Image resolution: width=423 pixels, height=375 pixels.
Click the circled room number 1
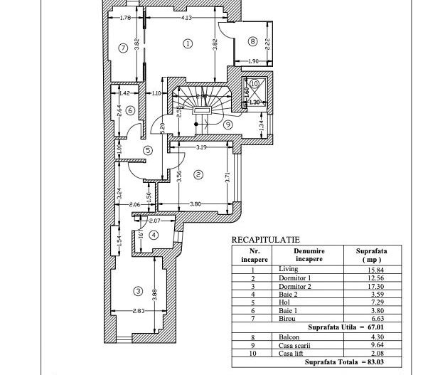coord(188,43)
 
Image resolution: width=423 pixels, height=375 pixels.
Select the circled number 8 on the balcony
coord(253,41)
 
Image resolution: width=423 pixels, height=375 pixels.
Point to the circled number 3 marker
coord(137,291)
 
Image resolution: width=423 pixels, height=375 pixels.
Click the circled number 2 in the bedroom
coord(198,174)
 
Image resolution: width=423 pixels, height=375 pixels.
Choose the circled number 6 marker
coord(130,110)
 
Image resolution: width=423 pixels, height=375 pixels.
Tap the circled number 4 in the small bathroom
coord(154,236)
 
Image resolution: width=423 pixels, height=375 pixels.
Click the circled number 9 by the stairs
coord(227,124)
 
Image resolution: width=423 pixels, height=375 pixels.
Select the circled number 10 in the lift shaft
coord(254,83)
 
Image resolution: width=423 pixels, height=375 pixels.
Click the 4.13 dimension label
coord(186,18)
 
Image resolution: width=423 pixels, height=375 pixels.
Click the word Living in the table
coord(289,269)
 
